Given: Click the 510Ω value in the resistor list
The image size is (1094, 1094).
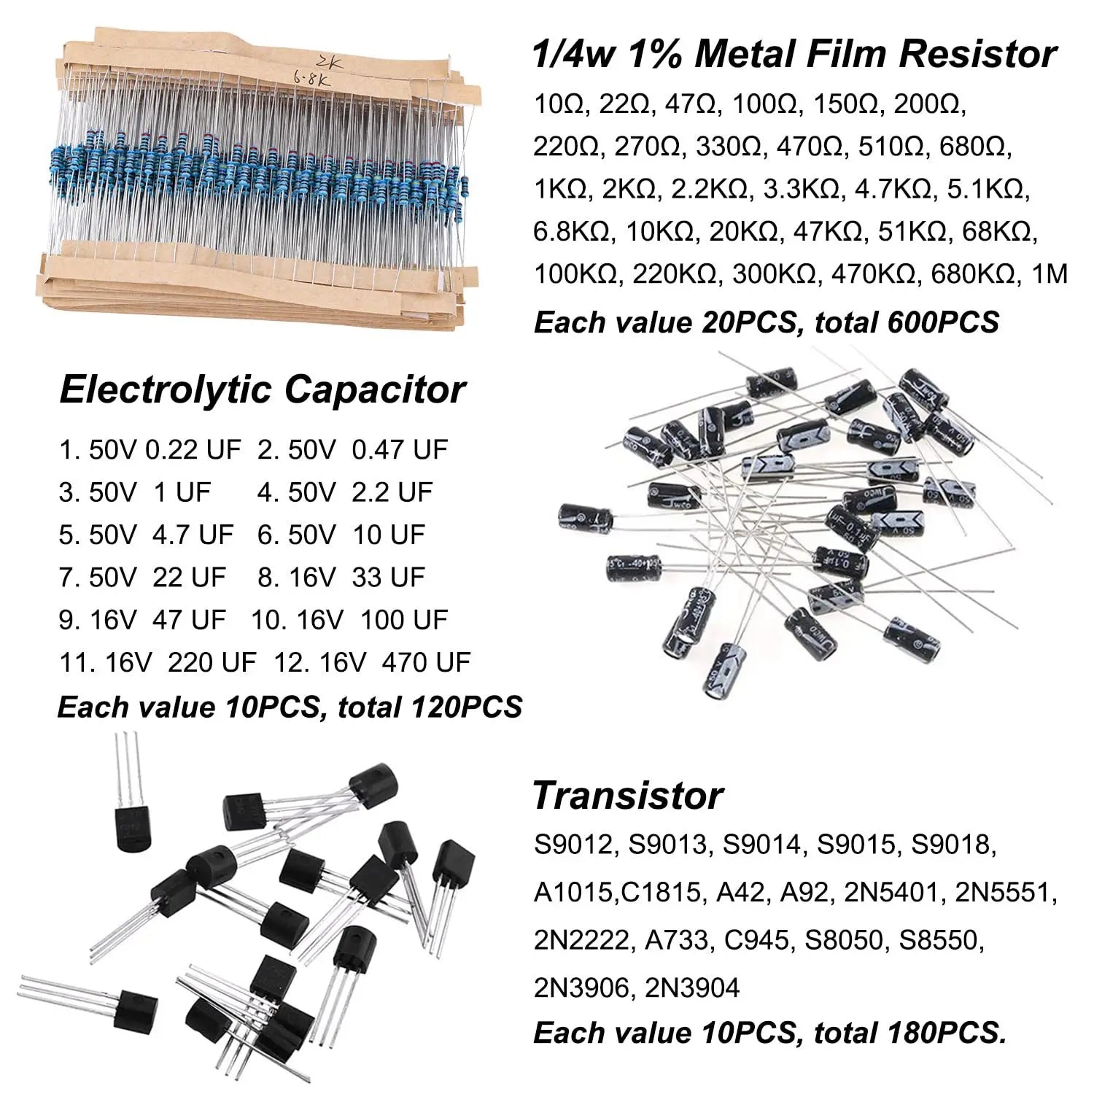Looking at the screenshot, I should [888, 147].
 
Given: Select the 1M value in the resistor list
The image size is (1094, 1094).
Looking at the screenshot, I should [1050, 274].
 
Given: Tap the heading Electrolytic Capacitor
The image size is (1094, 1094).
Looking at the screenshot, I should [262, 389].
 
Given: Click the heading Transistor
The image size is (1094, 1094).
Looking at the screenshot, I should [628, 795].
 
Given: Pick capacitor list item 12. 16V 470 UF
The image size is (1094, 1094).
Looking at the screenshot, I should [372, 662].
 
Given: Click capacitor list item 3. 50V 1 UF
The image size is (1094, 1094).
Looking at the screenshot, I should [135, 492].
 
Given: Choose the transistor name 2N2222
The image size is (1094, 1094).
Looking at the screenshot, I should [581, 940].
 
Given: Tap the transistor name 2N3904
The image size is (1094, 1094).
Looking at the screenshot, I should [693, 988].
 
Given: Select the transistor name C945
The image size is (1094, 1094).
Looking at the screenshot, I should [756, 940].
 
